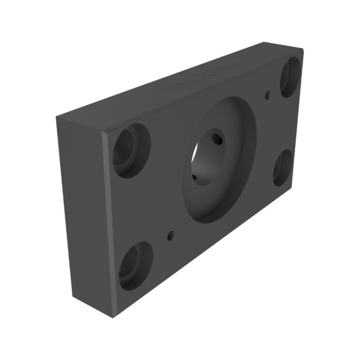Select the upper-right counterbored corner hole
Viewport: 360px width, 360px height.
tap(290, 77)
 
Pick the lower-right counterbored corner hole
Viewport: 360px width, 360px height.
tap(282, 167)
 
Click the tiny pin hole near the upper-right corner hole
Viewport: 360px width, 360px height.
tap(268, 95)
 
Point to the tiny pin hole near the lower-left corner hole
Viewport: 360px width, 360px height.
tap(170, 236)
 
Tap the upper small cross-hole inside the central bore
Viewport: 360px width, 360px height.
tap(217, 138)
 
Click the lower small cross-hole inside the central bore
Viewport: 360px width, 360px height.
tap(194, 177)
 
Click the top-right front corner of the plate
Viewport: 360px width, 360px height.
tap(304, 51)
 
